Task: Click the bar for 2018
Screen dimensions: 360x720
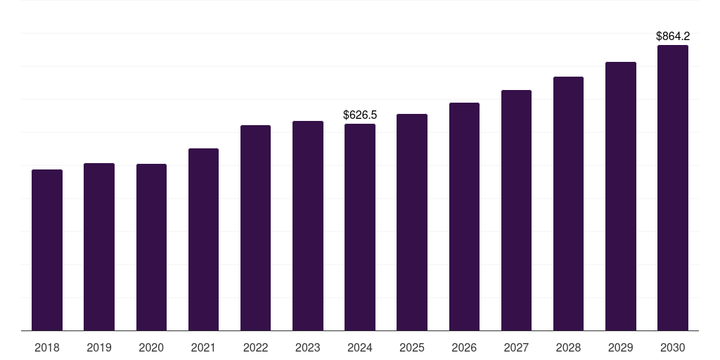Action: point(47,250)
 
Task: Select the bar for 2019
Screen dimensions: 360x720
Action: point(99,247)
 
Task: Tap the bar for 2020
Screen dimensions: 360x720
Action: point(151,247)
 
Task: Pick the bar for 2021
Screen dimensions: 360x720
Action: point(203,239)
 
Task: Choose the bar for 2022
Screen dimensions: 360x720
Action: point(255,228)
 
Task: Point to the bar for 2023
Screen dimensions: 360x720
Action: point(308,226)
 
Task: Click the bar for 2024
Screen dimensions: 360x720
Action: point(360,227)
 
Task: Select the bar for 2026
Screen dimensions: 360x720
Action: point(464,217)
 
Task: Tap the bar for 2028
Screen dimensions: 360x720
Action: point(568,203)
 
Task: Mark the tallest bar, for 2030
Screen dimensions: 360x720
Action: point(673,188)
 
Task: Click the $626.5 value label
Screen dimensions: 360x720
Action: point(360,115)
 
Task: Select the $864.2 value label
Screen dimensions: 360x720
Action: point(673,36)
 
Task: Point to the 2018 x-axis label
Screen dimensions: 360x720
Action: point(47,347)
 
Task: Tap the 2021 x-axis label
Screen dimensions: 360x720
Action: point(203,347)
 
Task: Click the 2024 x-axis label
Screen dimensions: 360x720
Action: point(360,347)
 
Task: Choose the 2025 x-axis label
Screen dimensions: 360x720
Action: point(412,347)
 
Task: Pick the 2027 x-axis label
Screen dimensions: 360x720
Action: point(516,347)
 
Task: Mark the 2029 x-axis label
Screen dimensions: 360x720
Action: point(621,347)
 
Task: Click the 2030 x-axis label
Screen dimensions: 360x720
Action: point(673,347)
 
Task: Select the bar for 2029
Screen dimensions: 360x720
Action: point(621,196)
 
